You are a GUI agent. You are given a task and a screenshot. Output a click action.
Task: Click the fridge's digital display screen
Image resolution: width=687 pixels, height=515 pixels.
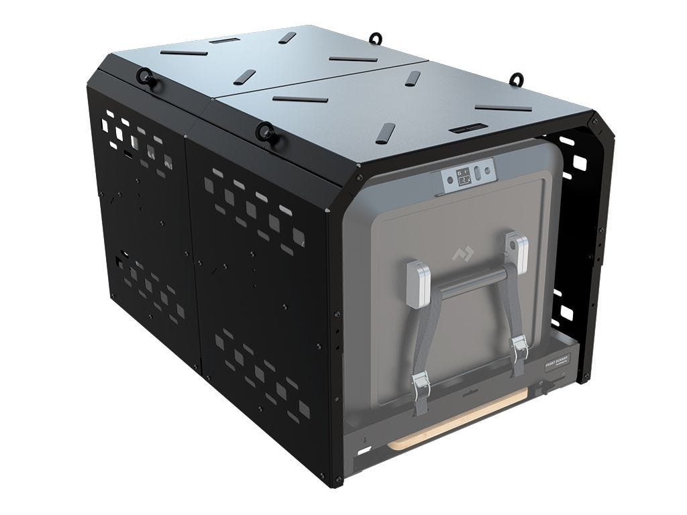point(463,177)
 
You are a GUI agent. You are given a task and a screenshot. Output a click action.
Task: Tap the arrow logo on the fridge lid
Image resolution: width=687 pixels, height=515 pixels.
point(461,254)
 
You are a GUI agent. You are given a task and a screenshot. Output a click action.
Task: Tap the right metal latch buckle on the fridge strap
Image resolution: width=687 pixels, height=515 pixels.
point(518,347)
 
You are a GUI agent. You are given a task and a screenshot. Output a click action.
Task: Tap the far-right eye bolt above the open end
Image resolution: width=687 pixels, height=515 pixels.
point(516,78)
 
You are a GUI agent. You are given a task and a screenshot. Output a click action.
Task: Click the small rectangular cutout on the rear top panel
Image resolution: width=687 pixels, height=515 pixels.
point(219,41)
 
